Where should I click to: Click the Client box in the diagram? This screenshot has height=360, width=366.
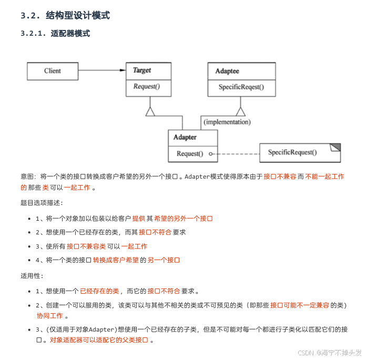coord(53,71)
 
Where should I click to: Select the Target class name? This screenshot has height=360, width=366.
coord(142,70)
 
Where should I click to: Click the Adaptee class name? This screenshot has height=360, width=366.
coord(227,71)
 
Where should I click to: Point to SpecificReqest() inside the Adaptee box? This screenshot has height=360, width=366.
coord(241,87)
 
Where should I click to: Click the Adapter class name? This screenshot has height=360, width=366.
coord(185,137)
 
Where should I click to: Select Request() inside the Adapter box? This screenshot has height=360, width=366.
coord(189,153)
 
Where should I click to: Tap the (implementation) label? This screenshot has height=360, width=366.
coord(227,122)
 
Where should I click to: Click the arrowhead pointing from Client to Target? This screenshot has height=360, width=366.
coord(121,70)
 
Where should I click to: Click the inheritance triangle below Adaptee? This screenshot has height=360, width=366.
coord(241,111)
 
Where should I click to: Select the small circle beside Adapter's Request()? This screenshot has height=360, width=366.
coord(210,154)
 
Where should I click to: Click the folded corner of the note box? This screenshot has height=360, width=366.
coord(335,147)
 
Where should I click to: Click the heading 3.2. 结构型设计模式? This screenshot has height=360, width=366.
coord(65,16)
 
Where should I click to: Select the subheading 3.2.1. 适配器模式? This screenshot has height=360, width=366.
coord(55,34)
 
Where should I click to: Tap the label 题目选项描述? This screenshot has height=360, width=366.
coord(42,202)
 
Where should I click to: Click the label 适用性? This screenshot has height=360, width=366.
coord(32,275)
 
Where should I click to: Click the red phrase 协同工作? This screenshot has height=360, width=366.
coord(49,316)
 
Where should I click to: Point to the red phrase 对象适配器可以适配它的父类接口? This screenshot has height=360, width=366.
coord(99,340)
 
